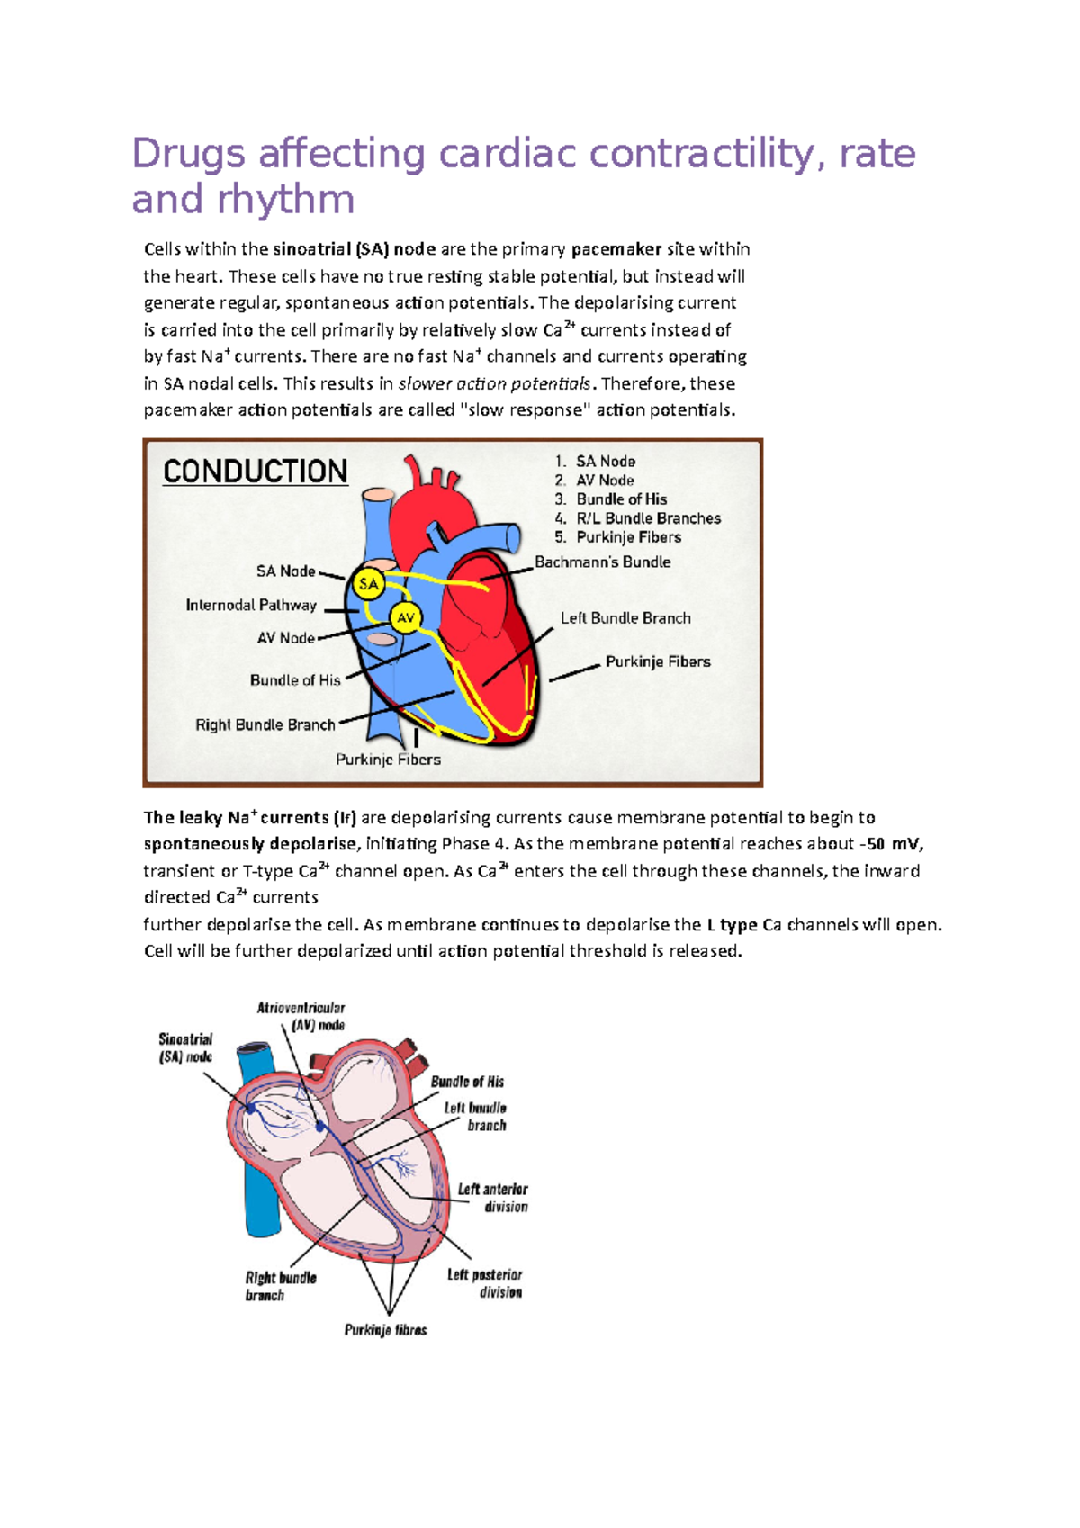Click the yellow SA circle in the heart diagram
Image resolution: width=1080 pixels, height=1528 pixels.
[368, 584]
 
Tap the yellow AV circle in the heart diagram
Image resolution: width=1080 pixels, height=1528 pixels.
[406, 617]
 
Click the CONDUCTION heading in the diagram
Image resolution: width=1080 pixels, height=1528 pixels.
[255, 472]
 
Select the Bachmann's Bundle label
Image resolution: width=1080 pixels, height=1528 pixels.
[602, 562]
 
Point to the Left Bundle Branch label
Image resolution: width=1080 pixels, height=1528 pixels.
[625, 618]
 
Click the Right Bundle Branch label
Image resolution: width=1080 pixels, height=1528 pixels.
[265, 724]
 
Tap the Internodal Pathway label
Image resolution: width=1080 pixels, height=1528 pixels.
[251, 605]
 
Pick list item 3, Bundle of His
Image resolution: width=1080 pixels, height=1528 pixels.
[621, 499]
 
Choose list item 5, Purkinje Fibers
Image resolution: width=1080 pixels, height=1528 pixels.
[628, 537]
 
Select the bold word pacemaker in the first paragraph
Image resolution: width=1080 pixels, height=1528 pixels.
[616, 249]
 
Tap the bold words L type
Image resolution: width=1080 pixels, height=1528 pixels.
[732, 924]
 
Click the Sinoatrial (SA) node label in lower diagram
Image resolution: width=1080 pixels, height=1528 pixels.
[185, 1047]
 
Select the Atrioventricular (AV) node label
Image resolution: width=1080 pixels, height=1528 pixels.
[301, 1016]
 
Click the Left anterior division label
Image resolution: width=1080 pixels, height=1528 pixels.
[493, 1198]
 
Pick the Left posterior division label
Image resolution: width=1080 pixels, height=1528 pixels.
[486, 1283]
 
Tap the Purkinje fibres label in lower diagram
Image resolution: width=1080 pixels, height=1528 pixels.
[385, 1329]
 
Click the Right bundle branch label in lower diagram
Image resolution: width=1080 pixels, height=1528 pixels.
[280, 1286]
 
